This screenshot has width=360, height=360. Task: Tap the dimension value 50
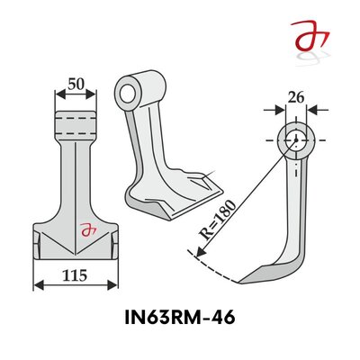[x=75, y=85]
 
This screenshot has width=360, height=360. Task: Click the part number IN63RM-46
[x=180, y=319]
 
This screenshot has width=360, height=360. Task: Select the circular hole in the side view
[x=294, y=140]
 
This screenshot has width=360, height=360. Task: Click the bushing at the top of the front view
[x=75, y=121]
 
